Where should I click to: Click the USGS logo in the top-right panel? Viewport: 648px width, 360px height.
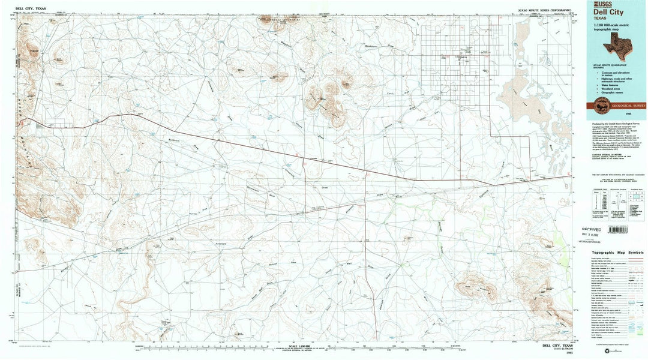[602, 5]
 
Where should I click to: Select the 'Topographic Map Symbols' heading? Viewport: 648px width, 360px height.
[617, 253]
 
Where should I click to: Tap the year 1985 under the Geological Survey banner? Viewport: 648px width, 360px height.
[628, 113]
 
